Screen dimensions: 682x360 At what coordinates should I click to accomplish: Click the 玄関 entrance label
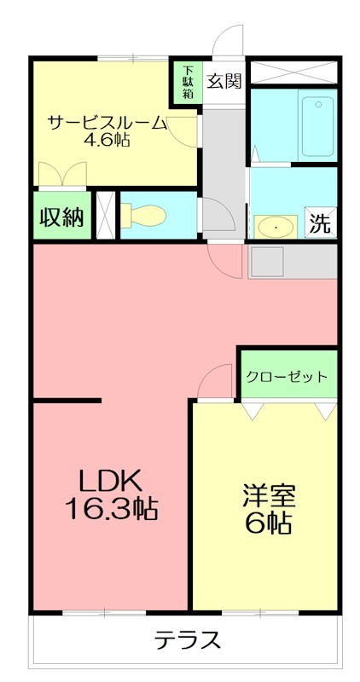click(224, 81)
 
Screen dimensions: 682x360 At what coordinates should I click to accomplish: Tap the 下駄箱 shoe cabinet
click(187, 83)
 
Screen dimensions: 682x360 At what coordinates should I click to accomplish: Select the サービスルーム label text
click(107, 121)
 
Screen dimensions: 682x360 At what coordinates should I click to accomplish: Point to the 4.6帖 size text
click(107, 140)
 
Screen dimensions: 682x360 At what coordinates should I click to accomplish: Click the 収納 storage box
click(61, 217)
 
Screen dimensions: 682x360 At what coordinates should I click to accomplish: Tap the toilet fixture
click(142, 215)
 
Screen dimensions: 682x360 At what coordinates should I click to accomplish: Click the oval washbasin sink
click(276, 227)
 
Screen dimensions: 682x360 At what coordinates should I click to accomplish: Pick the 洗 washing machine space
click(319, 224)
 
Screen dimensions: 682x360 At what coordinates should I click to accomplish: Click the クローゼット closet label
click(287, 376)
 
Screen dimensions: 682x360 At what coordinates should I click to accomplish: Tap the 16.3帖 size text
click(110, 509)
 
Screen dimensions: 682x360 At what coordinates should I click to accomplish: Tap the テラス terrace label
click(188, 639)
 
